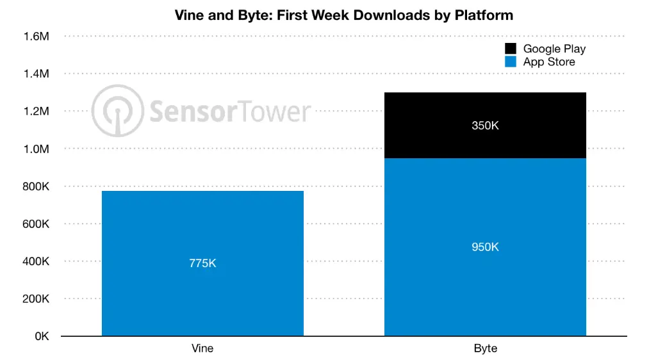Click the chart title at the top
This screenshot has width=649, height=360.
pyautogui.click(x=343, y=15)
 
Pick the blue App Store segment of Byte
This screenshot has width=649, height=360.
pyautogui.click(x=485, y=282)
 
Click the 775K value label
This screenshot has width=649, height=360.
pyautogui.click(x=202, y=263)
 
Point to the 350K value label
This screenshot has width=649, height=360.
pyautogui.click(x=485, y=126)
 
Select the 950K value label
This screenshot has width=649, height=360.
pyautogui.click(x=485, y=247)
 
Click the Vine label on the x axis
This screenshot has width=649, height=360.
pyautogui.click(x=202, y=349)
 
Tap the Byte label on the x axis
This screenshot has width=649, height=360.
pyautogui.click(x=485, y=349)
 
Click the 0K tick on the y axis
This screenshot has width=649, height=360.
pyautogui.click(x=40, y=337)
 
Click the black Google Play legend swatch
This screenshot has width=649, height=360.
pyautogui.click(x=511, y=49)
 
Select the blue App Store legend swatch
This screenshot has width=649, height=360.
pyautogui.click(x=511, y=62)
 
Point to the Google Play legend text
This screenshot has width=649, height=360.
pyautogui.click(x=554, y=49)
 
